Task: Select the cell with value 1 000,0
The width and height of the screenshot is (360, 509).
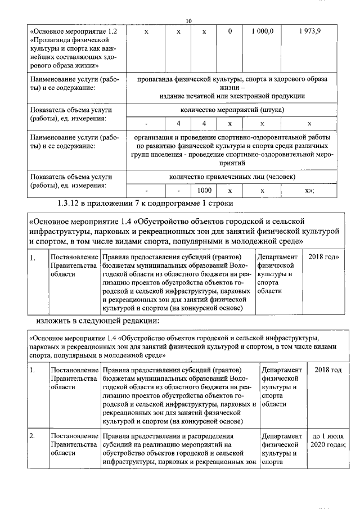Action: tap(262, 31)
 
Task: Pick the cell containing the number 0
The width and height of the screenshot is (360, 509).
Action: tap(230, 31)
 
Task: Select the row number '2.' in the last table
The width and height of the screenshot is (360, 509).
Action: tap(33, 436)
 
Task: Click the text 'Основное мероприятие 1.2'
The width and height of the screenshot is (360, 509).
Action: tap(74, 31)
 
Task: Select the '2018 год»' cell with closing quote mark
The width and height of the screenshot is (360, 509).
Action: tap(323, 257)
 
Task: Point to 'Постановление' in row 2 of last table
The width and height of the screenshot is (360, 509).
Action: tap(74, 436)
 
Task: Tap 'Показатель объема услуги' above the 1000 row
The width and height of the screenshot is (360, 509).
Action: tap(71, 177)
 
